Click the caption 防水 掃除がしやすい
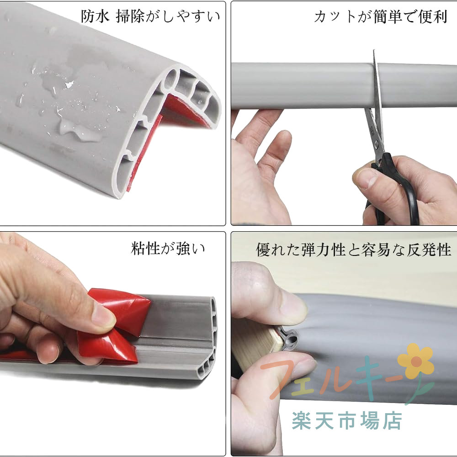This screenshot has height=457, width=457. tap(150, 16)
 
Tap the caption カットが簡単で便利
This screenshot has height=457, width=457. tap(380, 16)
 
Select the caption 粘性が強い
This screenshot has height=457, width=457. tap(168, 248)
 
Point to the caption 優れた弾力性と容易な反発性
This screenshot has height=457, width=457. tap(354, 250)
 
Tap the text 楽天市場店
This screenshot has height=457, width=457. tap(347, 420)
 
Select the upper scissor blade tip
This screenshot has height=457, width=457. tap(374, 50)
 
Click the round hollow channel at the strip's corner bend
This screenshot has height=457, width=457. tap(171, 80)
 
